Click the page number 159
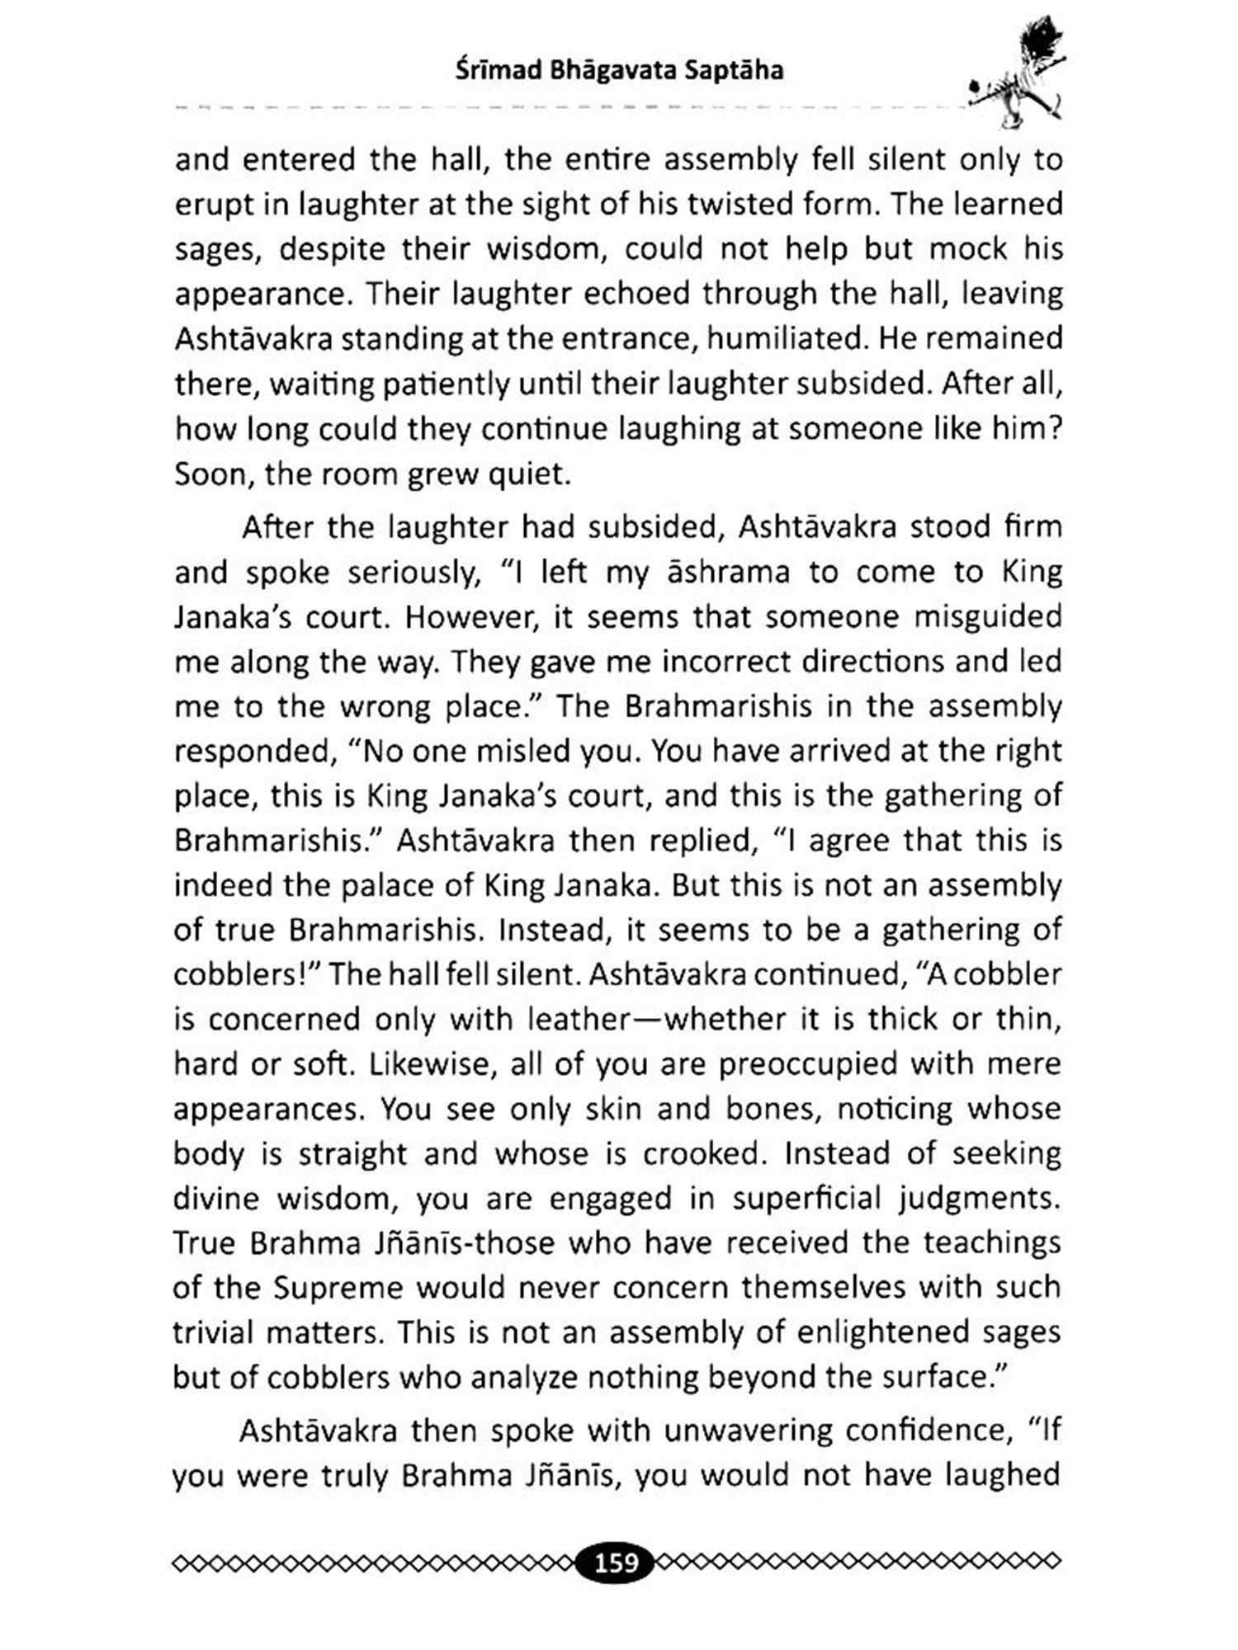[617, 1562]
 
